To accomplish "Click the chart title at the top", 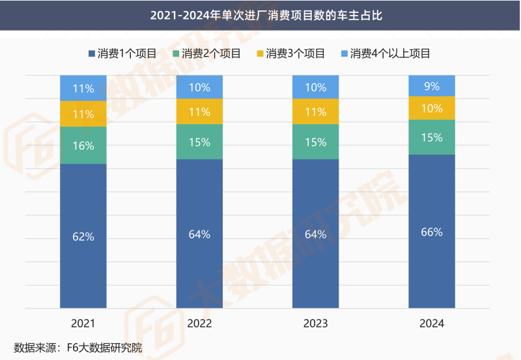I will [x=260, y=14].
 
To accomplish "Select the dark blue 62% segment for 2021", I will [x=83, y=236].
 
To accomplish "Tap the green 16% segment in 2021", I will [x=83, y=145].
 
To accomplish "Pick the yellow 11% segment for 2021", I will [x=83, y=114].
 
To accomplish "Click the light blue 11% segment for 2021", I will [x=83, y=88].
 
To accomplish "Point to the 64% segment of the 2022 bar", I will [x=199, y=234].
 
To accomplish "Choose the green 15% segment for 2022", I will [x=199, y=142].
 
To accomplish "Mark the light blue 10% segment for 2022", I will [x=199, y=87].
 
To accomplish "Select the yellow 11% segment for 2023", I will [x=315, y=111].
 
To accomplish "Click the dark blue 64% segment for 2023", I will [x=315, y=234].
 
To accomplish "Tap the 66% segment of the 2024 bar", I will [x=431, y=231].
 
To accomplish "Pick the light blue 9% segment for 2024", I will [x=431, y=86].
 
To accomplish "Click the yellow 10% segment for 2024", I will [x=431, y=108].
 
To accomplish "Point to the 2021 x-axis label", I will [x=83, y=324].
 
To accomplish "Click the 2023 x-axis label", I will [x=315, y=324].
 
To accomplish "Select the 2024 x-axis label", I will [x=431, y=324].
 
